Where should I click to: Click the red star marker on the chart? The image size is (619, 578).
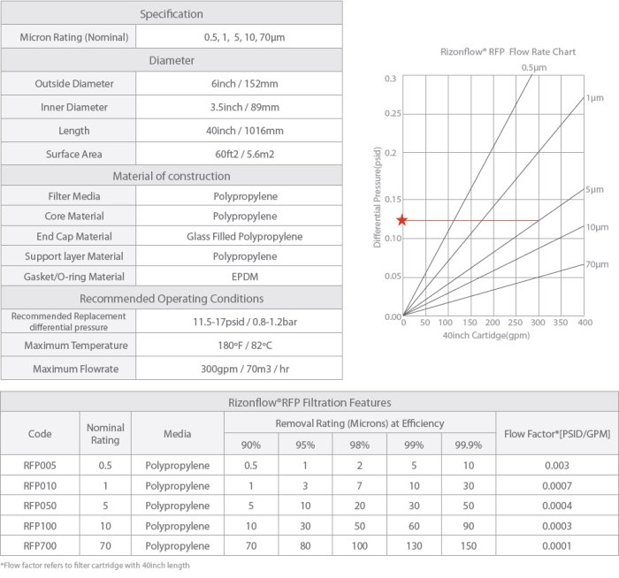pos(402,220)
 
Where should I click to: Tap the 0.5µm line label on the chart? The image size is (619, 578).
pos(532,67)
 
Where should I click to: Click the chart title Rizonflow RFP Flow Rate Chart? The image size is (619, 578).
pos(508,52)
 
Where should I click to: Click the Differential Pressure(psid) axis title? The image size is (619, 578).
pos(377,197)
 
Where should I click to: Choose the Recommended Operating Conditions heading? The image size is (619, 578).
pos(172,298)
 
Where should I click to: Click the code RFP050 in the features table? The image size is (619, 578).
pos(40,506)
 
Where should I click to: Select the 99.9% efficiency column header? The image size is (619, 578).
pos(469,445)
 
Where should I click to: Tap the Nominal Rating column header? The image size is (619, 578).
pos(105,433)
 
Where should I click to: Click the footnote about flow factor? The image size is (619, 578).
pos(96,566)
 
